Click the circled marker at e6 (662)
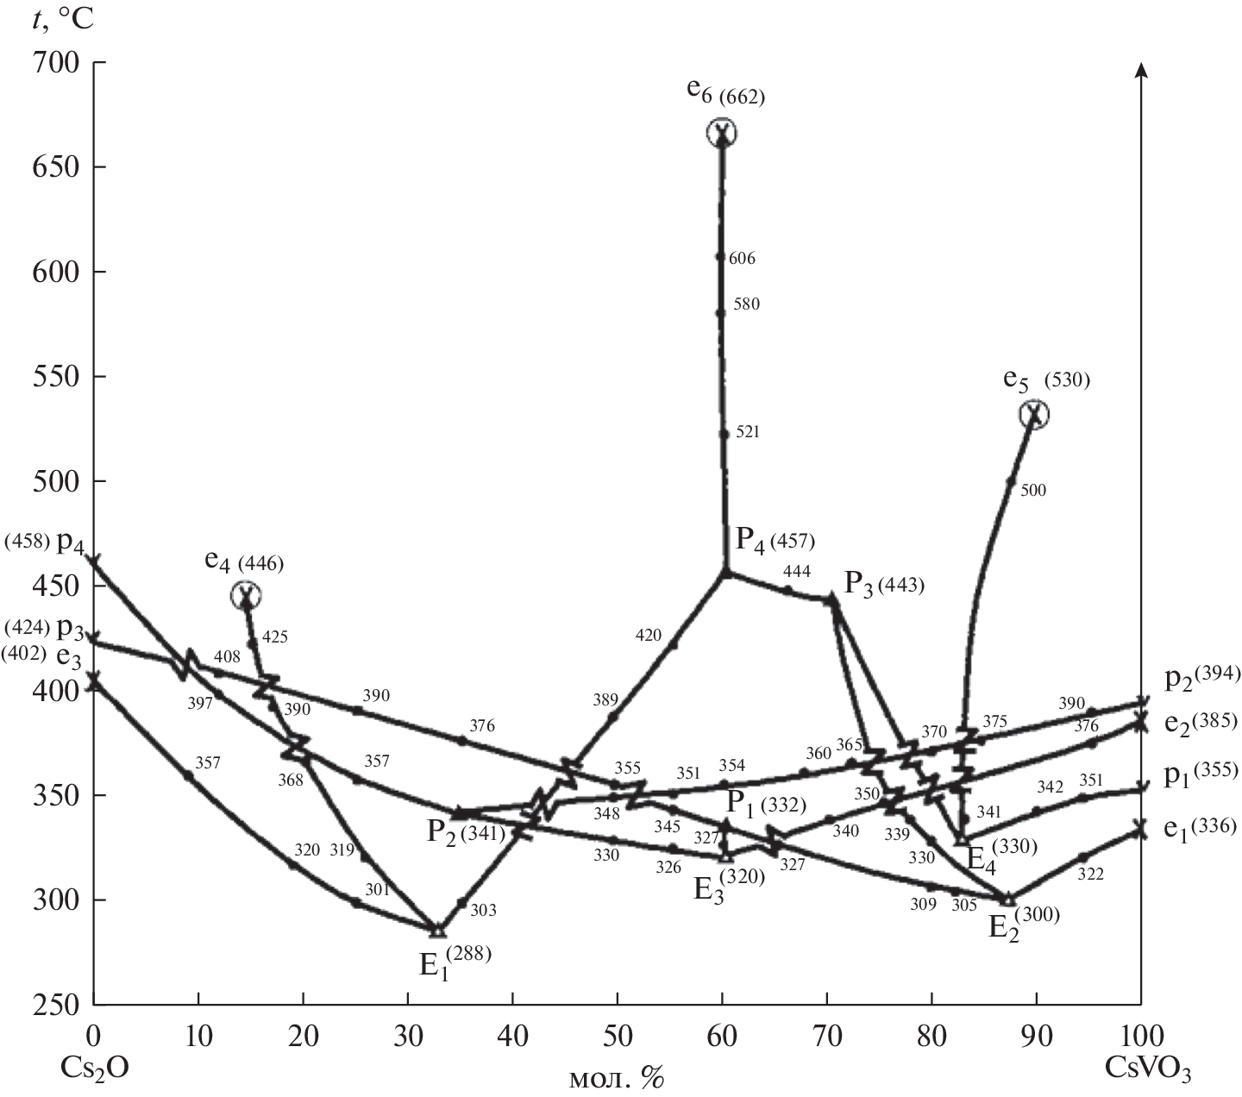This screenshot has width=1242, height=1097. click(722, 133)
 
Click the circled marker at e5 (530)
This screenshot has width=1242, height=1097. click(1034, 414)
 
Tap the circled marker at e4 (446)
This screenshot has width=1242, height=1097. click(247, 595)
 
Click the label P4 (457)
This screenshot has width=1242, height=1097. click(775, 541)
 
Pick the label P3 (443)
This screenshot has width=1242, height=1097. click(883, 584)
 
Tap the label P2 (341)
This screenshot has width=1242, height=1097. click(466, 832)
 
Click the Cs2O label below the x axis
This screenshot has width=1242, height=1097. click(95, 1067)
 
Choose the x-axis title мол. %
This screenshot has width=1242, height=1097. click(618, 1078)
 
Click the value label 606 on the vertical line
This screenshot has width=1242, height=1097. click(742, 259)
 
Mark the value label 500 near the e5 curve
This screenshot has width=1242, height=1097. click(1032, 491)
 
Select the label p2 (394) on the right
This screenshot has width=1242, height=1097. click(1201, 678)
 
